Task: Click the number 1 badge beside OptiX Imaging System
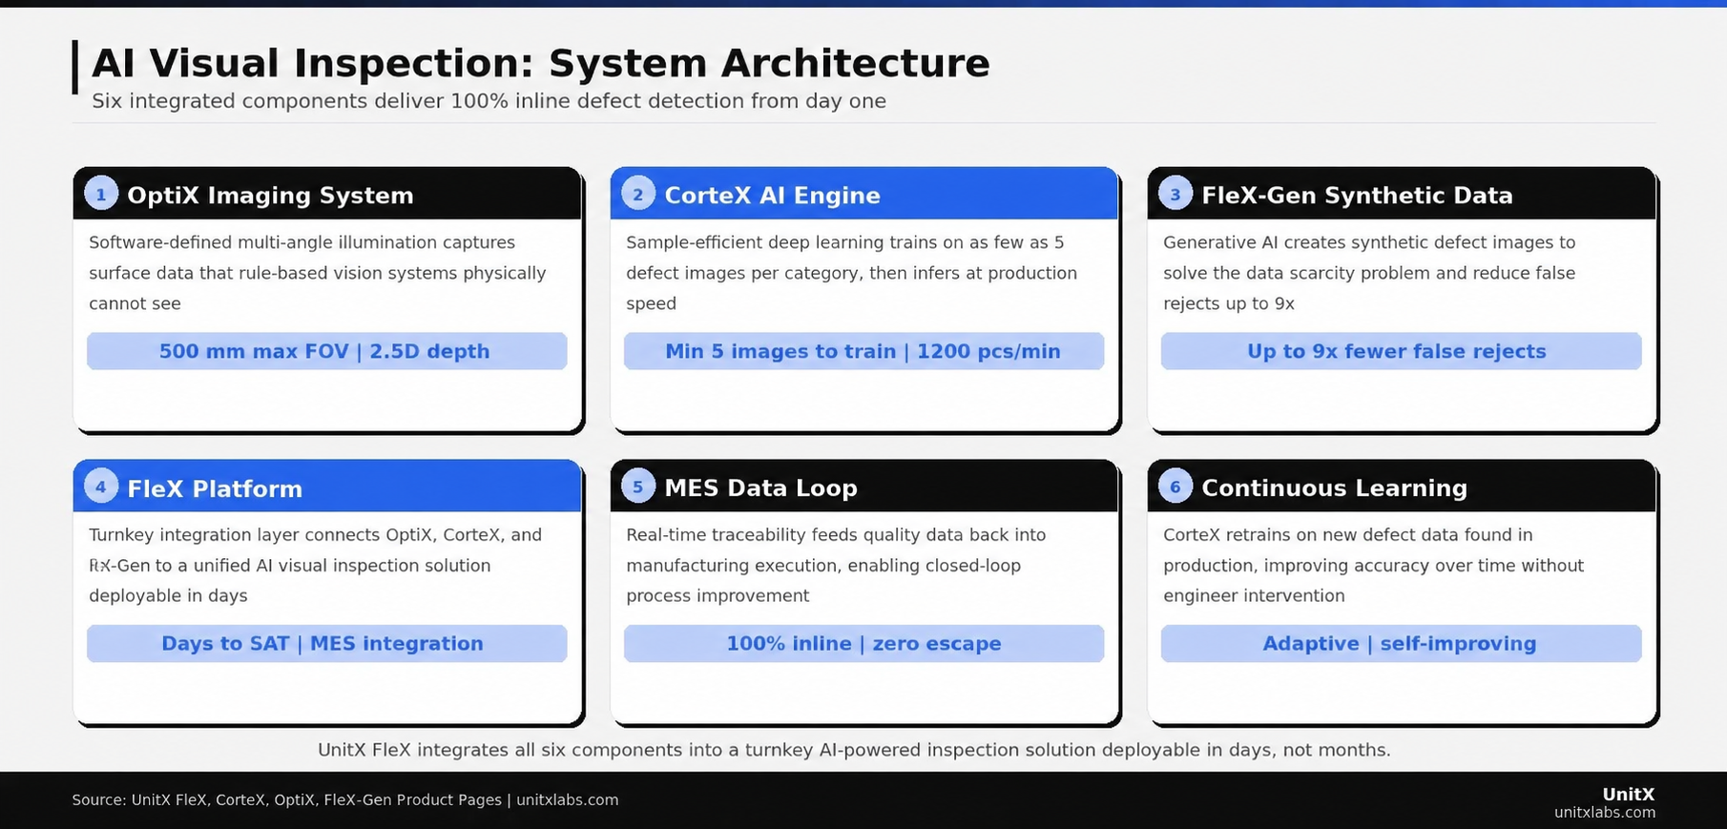(101, 194)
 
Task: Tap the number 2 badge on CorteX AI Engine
(638, 194)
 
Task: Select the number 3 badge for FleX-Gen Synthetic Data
(1176, 194)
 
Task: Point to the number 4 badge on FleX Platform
(101, 487)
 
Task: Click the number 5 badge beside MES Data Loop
(638, 487)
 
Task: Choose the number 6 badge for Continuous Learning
(1176, 487)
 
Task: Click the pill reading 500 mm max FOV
(326, 351)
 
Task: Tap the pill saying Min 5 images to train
(863, 351)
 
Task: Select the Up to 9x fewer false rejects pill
(1401, 351)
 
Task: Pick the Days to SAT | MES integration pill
(326, 644)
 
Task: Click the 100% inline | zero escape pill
(863, 644)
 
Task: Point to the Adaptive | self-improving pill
(1401, 644)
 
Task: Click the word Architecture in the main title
(855, 64)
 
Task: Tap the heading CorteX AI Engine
(772, 196)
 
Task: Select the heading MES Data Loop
(760, 488)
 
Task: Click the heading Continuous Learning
(1334, 488)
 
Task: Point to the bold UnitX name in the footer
(1628, 794)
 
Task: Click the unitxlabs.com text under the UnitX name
(1604, 813)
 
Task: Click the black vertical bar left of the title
(75, 67)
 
